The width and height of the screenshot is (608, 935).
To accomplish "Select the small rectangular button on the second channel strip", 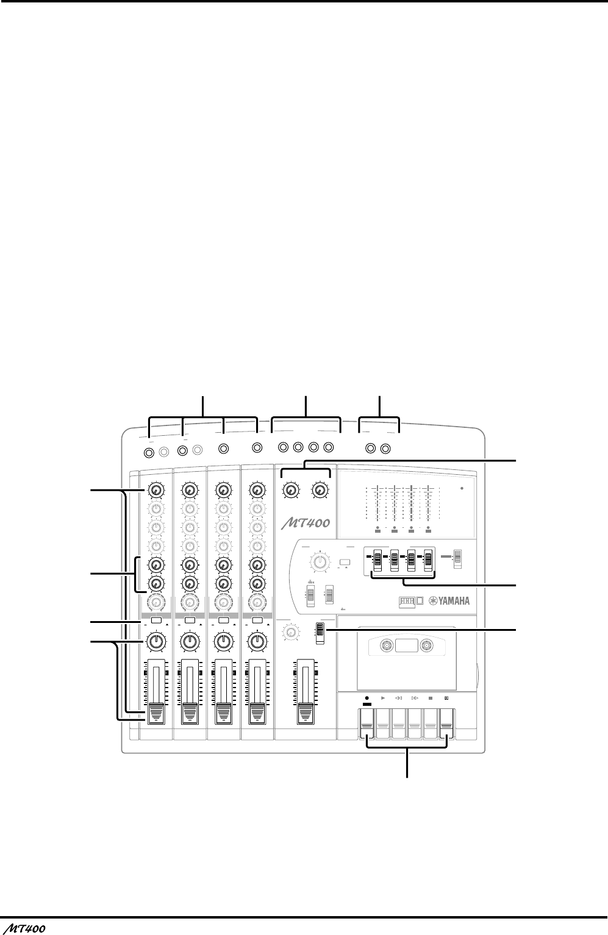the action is coord(190,620).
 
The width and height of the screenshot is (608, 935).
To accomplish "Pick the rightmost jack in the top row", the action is coord(385,449).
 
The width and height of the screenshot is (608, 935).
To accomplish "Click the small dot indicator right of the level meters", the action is coord(463,488).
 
